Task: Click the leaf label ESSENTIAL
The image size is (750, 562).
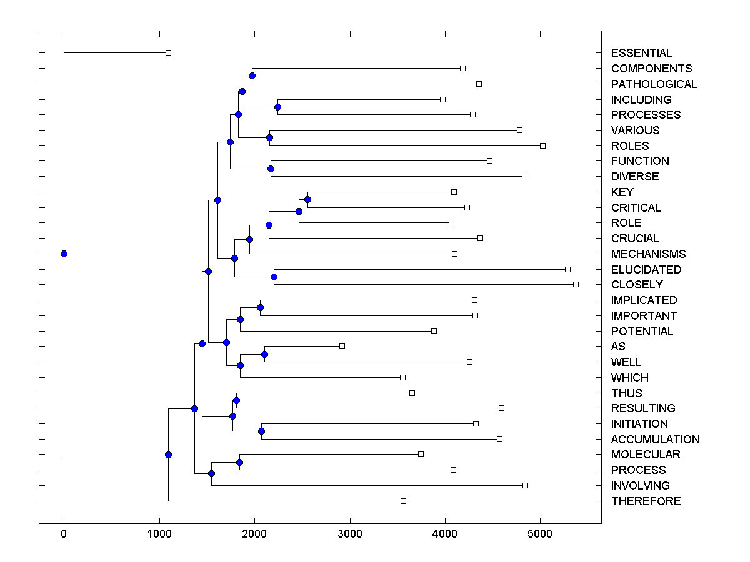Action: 641,53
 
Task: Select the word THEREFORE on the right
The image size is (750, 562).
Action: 646,501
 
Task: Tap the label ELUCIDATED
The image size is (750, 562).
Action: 646,269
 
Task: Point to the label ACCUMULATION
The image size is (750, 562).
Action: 655,439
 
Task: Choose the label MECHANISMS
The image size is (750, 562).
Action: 648,254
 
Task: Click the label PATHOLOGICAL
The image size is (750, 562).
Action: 654,84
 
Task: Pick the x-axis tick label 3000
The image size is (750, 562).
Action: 349,534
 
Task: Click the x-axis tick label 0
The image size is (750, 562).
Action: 64,534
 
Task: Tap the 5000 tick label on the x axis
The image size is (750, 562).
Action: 540,534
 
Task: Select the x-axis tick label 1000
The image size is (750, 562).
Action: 159,534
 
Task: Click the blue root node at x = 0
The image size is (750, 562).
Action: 64,254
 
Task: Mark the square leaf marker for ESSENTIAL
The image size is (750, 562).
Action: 168,53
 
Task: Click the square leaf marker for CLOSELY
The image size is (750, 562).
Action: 576,284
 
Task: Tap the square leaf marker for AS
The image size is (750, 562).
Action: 342,346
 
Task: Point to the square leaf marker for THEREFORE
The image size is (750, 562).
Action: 403,501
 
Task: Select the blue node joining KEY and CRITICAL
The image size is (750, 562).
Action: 307,199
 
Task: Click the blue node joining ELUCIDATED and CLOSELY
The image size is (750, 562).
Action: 274,277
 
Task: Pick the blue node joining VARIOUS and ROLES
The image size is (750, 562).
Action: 270,137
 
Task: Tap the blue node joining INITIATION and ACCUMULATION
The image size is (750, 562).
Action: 261,431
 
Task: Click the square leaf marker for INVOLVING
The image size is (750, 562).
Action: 525,485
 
